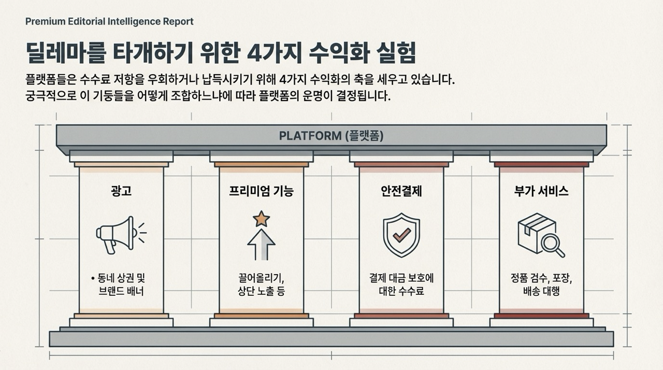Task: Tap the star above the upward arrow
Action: [x=261, y=219]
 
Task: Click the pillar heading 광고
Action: [x=121, y=191]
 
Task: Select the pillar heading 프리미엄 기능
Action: [x=261, y=191]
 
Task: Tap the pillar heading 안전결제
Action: [x=401, y=191]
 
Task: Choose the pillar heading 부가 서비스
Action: [x=541, y=191]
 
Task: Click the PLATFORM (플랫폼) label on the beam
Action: [x=331, y=136]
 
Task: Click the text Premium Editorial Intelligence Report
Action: [x=109, y=21]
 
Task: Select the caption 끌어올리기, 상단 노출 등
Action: [x=261, y=284]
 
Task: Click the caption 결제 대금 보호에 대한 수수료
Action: [x=401, y=284]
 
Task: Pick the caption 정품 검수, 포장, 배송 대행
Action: [x=541, y=284]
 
